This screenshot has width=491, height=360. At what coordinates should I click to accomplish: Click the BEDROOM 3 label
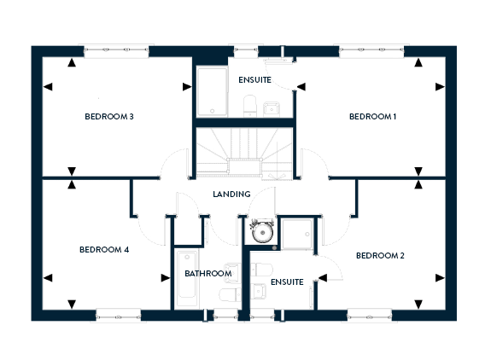tap(109, 117)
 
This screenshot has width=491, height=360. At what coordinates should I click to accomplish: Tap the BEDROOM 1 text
tap(372, 117)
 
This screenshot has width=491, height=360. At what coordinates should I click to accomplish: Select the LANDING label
tap(231, 195)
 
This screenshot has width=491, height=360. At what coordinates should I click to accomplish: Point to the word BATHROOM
tap(208, 274)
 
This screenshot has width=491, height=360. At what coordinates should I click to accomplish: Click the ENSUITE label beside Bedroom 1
tap(255, 80)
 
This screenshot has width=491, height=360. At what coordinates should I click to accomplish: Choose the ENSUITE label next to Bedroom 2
tap(287, 282)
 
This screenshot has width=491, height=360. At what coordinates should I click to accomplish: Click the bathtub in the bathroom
tap(187, 278)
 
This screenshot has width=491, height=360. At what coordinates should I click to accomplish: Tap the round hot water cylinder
tap(262, 232)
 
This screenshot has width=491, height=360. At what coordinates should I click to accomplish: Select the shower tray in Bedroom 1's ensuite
tap(212, 91)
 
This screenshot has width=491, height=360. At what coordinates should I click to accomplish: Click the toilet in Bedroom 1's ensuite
tap(250, 106)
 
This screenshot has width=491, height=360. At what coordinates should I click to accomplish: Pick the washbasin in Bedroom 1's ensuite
tap(272, 109)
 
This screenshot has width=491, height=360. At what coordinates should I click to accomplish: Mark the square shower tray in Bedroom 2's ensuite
tap(297, 234)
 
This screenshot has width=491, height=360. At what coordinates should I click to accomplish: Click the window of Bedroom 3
tap(116, 51)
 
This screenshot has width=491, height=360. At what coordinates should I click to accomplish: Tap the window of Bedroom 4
tap(119, 316)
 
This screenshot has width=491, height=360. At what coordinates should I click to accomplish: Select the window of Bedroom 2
tap(370, 316)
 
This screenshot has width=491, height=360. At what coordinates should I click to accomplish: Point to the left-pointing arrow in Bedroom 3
tap(48, 87)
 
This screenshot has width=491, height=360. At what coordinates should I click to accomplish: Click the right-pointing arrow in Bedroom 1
tap(440, 87)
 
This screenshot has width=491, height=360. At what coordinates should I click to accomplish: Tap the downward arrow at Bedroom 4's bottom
tap(72, 305)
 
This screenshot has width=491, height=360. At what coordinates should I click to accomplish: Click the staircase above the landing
tap(244, 154)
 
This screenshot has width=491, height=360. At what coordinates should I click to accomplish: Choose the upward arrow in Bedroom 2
tap(418, 184)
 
